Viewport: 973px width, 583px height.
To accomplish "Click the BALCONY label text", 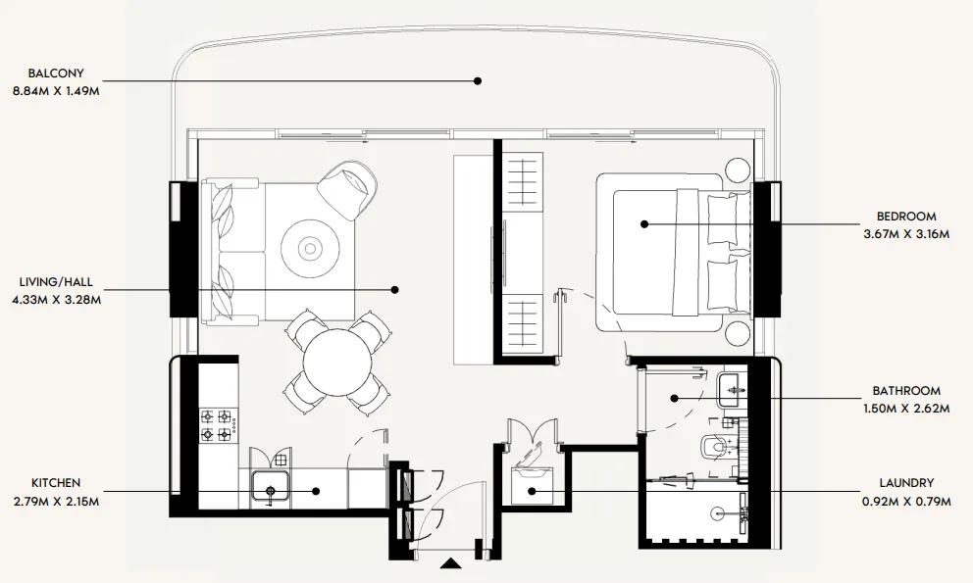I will [x=56, y=73].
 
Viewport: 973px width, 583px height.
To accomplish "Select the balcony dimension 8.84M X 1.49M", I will [x=56, y=90].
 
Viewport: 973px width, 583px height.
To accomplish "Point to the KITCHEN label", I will [x=56, y=483].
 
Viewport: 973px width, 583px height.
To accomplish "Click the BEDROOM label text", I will [x=906, y=217].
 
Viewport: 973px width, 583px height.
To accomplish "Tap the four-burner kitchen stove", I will [x=217, y=425].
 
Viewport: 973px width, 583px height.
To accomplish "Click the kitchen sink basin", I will [x=269, y=487].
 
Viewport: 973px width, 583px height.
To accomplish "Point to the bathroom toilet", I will [x=713, y=448].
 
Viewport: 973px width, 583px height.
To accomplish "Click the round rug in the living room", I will [x=310, y=247].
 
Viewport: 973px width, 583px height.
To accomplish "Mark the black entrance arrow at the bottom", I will [x=450, y=563].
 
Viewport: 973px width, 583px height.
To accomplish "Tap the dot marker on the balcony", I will [x=478, y=81].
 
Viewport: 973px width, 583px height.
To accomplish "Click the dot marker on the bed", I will [x=644, y=224].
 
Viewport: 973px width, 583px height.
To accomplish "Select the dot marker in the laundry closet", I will [x=531, y=490].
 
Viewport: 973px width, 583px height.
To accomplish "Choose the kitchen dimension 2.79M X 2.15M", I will [x=56, y=501].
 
